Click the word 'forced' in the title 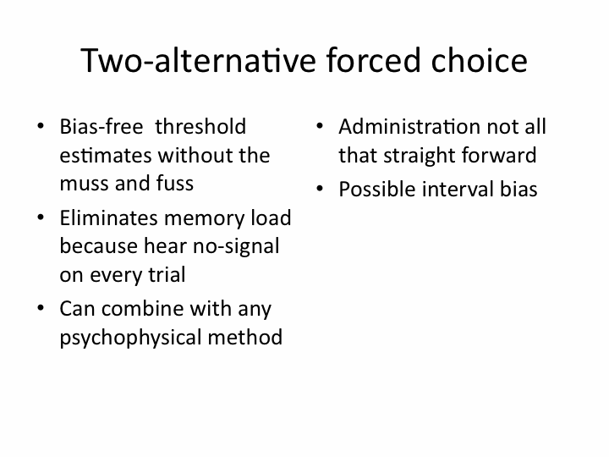pos(373,60)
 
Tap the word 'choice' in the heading pos(480,60)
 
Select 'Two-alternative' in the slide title pos(198,60)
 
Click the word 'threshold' pos(200,127)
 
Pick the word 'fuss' pos(175,183)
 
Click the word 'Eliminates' pos(109,217)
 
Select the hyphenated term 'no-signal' pos(236,247)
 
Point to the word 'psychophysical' pos(130,338)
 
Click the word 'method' pos(245,337)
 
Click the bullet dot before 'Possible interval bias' pos(320,189)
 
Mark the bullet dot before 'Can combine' pos(41,308)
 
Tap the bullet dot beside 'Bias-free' pos(41,126)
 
